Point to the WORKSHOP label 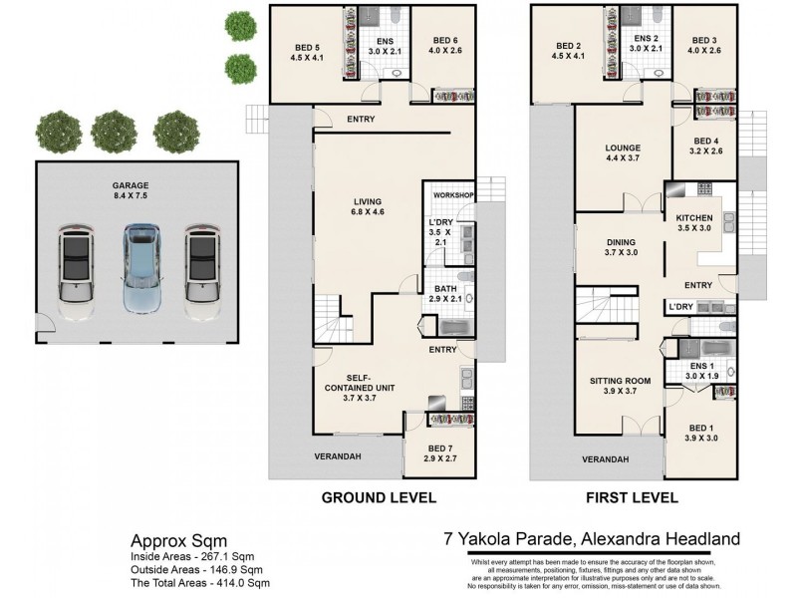pyautogui.click(x=451, y=195)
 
